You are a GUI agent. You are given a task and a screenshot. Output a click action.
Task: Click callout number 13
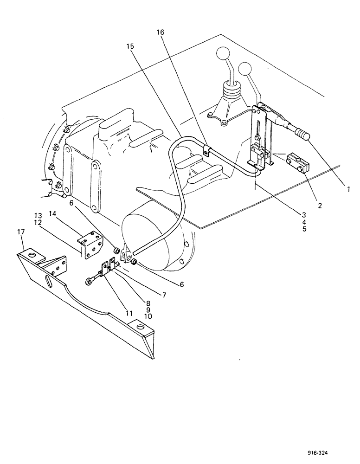(x=38, y=215)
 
